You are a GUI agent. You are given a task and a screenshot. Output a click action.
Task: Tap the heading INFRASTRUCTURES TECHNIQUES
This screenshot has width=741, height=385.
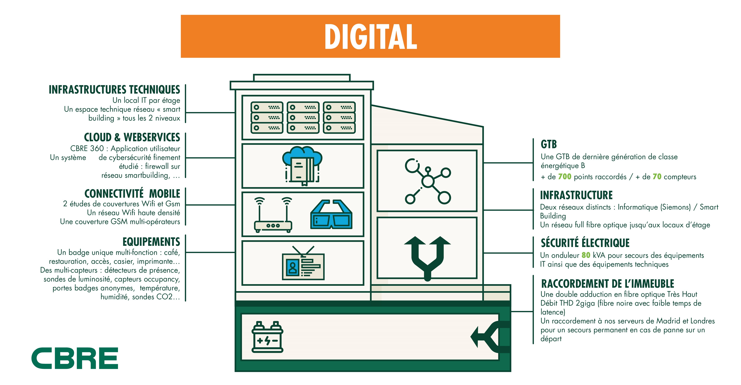click(114, 90)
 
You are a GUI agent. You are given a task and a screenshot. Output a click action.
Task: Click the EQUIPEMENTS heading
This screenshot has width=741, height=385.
click(151, 242)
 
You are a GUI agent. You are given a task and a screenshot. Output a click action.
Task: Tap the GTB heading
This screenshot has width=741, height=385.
click(549, 144)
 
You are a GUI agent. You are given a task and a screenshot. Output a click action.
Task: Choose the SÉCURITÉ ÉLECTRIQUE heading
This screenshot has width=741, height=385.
click(585, 243)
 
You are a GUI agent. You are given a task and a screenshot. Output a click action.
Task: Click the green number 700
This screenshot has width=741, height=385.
click(565, 177)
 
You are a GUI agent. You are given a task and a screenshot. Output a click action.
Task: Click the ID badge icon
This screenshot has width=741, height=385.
click(303, 263)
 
